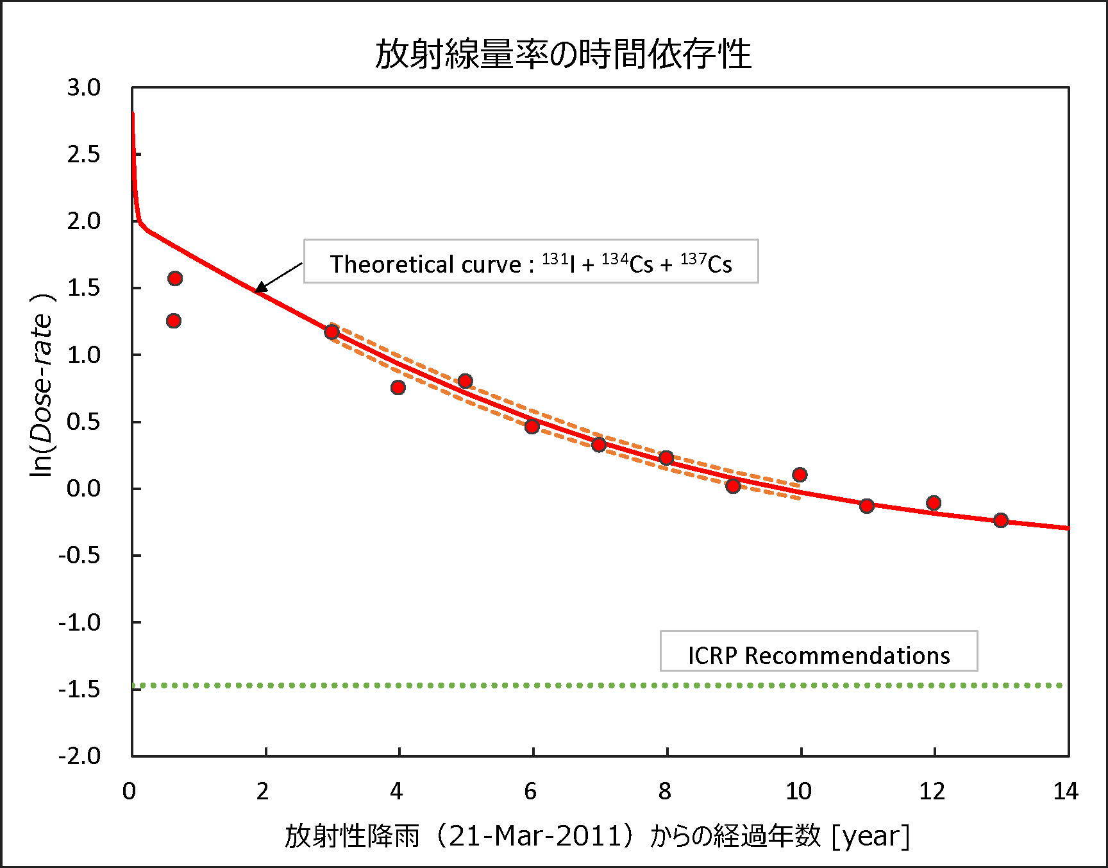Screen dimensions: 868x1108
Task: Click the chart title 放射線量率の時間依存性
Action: [563, 54]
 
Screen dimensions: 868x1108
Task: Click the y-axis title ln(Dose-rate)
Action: [42, 386]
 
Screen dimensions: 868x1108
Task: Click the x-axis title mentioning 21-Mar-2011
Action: [597, 836]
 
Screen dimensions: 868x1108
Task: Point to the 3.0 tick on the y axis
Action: [84, 87]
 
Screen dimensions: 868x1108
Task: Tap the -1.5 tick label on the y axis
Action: [80, 689]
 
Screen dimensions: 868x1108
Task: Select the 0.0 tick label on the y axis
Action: [84, 489]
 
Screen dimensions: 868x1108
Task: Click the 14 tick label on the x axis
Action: [1066, 792]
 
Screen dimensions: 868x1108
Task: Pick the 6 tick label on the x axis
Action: [531, 792]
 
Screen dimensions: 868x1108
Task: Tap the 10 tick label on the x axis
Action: [798, 792]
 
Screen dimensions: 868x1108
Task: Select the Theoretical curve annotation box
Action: [531, 262]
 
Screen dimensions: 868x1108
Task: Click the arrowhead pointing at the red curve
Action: [260, 288]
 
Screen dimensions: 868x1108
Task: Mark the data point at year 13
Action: [1001, 520]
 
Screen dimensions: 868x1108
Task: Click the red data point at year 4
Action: [398, 387]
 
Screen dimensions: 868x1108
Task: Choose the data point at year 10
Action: [800, 475]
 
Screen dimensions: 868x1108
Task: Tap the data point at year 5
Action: [466, 381]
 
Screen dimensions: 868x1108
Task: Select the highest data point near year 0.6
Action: [175, 278]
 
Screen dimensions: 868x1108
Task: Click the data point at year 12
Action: [934, 503]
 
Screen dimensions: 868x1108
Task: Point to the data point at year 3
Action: [332, 332]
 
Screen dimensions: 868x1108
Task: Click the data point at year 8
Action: [666, 458]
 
